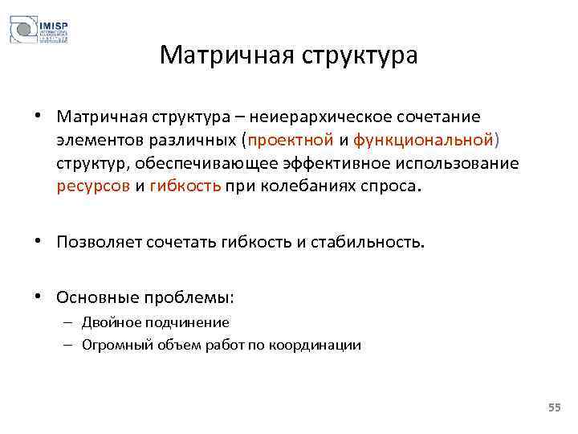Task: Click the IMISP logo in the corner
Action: coord(39,31)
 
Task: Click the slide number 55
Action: coord(554,409)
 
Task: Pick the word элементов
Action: coord(96,141)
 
